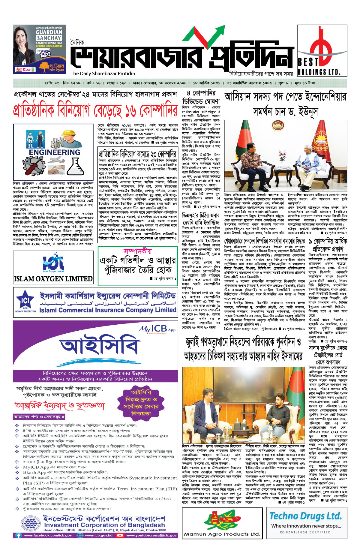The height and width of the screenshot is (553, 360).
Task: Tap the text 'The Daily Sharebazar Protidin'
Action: pyautogui.click(x=103, y=74)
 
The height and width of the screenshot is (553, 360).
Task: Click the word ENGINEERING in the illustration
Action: pyautogui.click(x=55, y=152)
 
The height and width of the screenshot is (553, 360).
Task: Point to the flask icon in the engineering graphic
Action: pyautogui.click(x=75, y=166)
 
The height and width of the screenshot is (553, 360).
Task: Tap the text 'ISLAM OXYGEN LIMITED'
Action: pyautogui.click(x=53, y=279)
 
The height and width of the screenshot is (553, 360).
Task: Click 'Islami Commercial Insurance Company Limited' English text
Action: pyautogui.click(x=108, y=310)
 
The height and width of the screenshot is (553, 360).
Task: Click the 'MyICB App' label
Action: pyautogui.click(x=157, y=329)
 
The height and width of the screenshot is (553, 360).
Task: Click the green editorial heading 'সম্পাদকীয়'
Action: pyautogui.click(x=138, y=251)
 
